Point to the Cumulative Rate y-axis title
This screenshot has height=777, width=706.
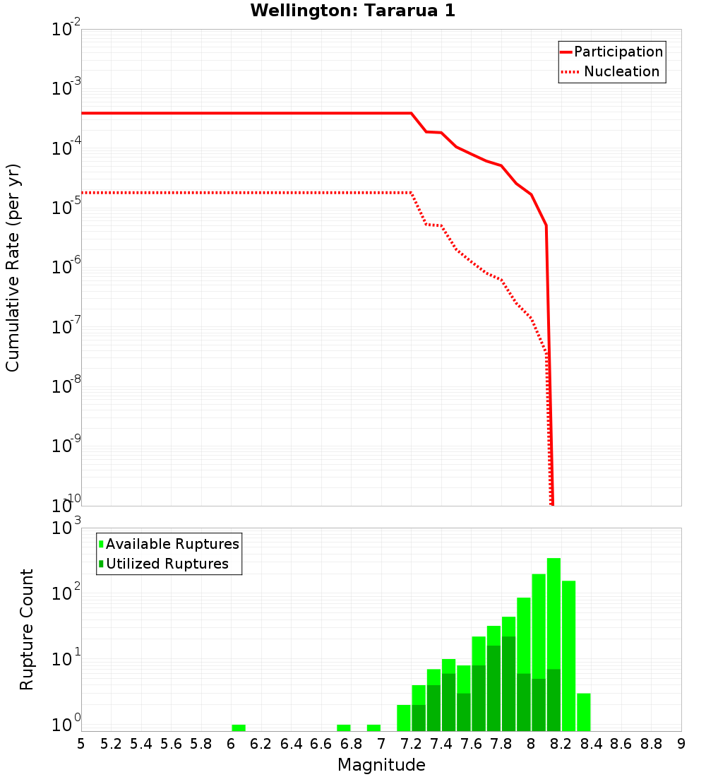[x=13, y=268]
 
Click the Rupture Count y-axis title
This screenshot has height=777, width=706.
[x=27, y=629]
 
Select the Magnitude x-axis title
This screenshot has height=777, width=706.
[x=381, y=765]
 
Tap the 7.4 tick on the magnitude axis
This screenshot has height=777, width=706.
[x=441, y=744]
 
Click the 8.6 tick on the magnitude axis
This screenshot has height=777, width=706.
[x=621, y=744]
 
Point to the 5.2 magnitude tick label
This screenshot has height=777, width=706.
[x=111, y=744]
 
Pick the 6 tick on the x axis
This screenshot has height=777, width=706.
[x=231, y=744]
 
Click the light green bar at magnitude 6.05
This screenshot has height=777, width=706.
[x=239, y=728]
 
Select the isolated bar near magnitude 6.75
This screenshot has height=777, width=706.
[x=344, y=728]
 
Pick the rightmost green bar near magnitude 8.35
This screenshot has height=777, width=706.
[x=584, y=712]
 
